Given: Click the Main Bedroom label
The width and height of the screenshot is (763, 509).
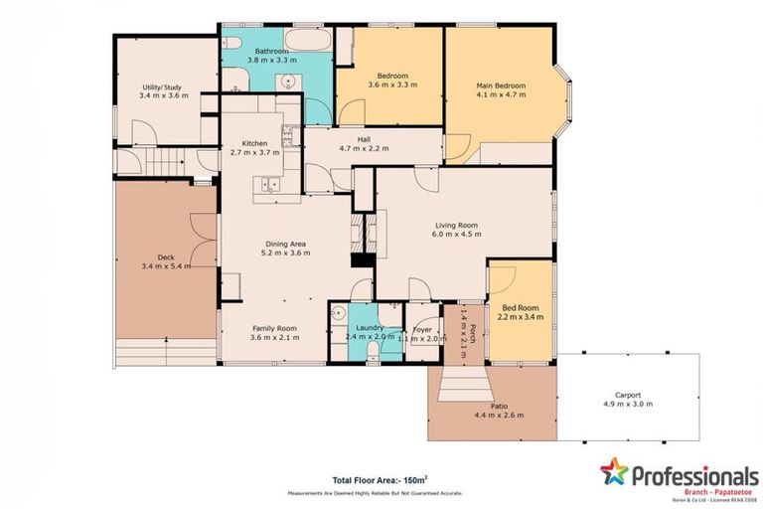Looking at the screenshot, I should click(501, 86).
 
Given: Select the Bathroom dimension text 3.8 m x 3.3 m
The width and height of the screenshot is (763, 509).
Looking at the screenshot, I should click(270, 61).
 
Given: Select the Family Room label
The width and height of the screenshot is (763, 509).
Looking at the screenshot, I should click(275, 328).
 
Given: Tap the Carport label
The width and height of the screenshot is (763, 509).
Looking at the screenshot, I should click(627, 395).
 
